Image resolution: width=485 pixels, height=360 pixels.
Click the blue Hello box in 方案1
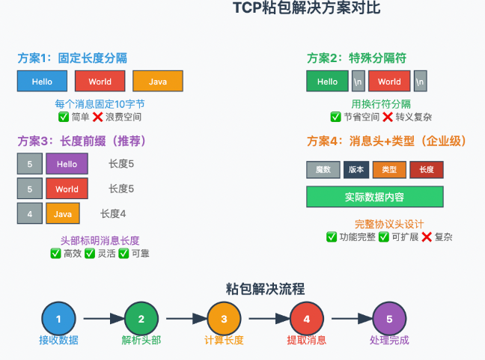(x=43, y=81)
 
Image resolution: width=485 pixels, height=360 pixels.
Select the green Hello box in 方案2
(x=327, y=81)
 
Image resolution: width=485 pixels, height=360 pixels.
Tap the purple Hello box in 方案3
(x=67, y=164)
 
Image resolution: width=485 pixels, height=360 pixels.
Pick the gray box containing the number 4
(x=29, y=213)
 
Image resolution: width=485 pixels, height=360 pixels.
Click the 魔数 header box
(x=323, y=170)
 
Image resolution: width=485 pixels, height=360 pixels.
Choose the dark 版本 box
(x=356, y=170)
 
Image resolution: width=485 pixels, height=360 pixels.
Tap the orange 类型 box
(x=389, y=170)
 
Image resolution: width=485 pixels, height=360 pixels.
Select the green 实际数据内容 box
(x=374, y=197)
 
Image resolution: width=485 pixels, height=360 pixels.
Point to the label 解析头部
(x=141, y=341)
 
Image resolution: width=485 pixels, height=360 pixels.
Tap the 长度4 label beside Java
(x=113, y=213)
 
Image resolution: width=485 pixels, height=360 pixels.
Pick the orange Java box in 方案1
(x=158, y=81)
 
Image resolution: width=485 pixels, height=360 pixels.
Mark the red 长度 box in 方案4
(x=427, y=170)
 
